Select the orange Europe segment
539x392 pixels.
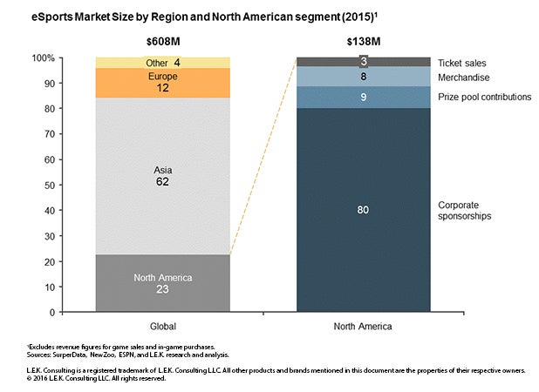click(x=162, y=82)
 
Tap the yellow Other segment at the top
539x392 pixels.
click(x=162, y=62)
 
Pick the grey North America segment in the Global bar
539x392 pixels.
click(x=162, y=283)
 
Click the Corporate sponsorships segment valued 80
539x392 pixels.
click(x=363, y=209)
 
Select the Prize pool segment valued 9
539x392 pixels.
click(x=363, y=97)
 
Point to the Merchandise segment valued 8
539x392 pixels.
click(x=363, y=77)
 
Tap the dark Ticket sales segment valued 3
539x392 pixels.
click(x=363, y=61)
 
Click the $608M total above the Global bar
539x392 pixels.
click(x=162, y=41)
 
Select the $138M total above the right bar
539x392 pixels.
click(x=363, y=41)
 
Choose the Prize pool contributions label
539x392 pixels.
click(x=484, y=96)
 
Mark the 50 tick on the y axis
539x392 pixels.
click(x=74, y=186)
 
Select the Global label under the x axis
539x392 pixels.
click(x=162, y=326)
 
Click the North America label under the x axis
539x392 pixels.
click(x=363, y=326)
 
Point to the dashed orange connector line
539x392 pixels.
click(x=263, y=157)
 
